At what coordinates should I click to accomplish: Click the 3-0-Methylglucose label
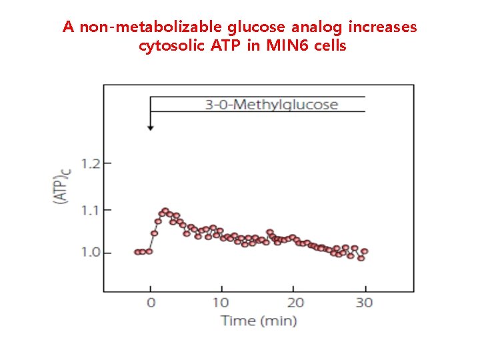coord(271,105)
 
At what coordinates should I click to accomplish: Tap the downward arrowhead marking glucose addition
coord(151,127)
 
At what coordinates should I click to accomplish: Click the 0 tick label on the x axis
coord(151,303)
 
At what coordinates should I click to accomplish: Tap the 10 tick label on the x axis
coord(222,303)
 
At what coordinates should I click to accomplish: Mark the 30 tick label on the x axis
coord(365,303)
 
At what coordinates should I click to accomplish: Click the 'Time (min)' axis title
coord(259,321)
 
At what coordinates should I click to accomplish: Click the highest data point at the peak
coord(165,211)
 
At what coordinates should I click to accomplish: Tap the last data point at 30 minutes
coord(364,252)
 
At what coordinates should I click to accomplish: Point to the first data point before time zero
coord(137,252)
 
